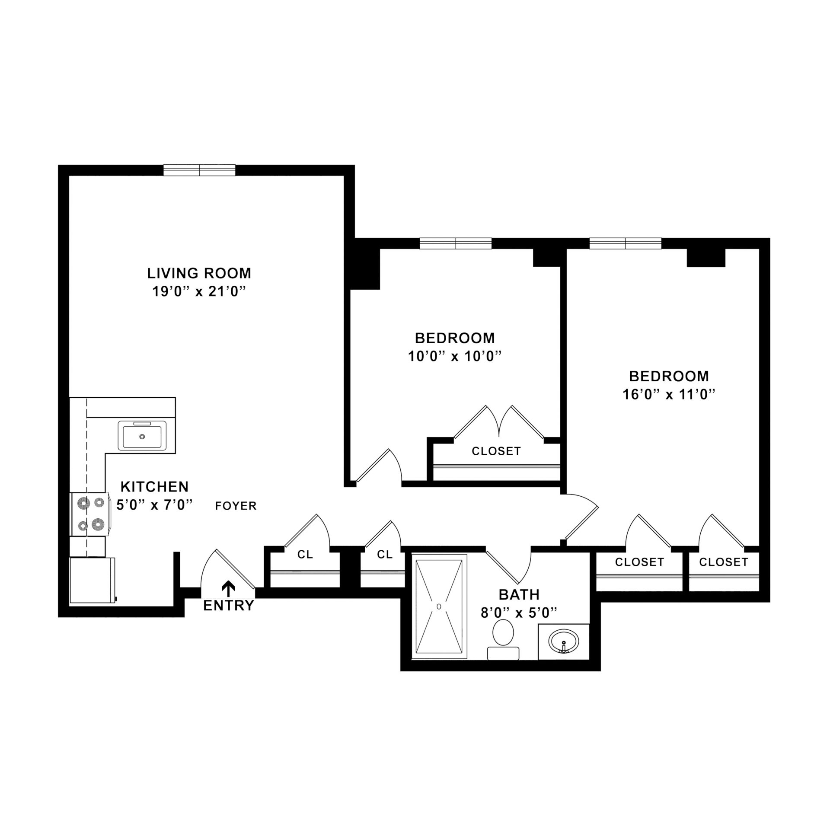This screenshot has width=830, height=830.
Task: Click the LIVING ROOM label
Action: pos(199,273)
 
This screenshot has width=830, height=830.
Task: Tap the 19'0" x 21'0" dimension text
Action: pos(199,292)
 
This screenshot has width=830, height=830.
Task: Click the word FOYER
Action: pos(236,506)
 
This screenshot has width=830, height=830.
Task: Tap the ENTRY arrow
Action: pos(228,588)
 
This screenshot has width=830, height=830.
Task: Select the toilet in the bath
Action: pos(503,638)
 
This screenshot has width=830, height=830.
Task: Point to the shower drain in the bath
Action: pos(439,607)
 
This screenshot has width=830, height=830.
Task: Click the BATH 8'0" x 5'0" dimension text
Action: pos(519,613)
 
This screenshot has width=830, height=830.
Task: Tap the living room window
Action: pos(199,170)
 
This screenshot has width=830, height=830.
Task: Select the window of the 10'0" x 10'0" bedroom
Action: pos(456,243)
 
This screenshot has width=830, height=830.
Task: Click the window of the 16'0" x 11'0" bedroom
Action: pos(625,243)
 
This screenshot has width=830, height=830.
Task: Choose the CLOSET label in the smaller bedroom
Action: pos(496,451)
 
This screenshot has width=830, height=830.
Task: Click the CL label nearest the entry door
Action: pos(305,555)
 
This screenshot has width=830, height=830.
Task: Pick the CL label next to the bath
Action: pos(384,555)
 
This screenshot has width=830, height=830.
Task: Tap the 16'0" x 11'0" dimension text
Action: pos(669,395)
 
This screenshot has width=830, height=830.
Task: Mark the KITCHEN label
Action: pos(154,487)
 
